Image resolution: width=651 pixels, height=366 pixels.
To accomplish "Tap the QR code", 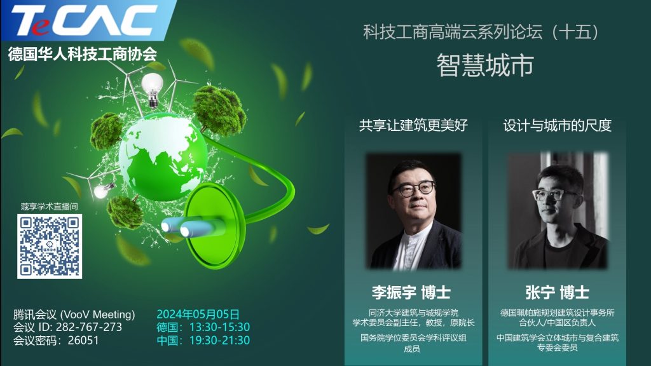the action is click(50, 246).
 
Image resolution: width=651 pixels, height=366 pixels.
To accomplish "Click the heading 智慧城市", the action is click(484, 65).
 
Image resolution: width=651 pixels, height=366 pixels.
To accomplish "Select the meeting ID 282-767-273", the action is click(89, 327).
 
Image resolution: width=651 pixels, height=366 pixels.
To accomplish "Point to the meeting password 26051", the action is click(83, 341).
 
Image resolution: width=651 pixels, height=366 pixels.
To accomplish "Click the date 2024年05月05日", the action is click(198, 314).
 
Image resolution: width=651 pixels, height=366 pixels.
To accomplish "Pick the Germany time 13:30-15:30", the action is click(219, 327).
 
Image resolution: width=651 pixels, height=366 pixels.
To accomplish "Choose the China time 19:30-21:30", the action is click(219, 341).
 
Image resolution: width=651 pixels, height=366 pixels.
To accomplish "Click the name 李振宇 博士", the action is click(411, 292).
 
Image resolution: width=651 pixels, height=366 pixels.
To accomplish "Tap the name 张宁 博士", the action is click(557, 292).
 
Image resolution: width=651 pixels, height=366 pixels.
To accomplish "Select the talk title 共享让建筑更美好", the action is click(413, 125).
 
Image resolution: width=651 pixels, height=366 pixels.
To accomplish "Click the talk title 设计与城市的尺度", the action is click(557, 125).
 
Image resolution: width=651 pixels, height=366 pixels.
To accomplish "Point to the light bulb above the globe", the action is click(152, 89).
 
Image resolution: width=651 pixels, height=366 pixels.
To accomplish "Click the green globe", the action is click(163, 158).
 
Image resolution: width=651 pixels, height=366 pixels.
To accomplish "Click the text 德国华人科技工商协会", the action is click(82, 54).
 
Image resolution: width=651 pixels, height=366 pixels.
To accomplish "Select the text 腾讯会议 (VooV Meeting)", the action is click(74, 314).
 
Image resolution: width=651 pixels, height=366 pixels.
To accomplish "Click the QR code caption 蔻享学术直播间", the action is click(50, 207).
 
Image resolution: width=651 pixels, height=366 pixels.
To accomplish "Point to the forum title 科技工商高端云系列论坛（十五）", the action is click(482, 32).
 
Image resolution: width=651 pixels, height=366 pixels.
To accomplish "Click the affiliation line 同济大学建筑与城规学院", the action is click(413, 313).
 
